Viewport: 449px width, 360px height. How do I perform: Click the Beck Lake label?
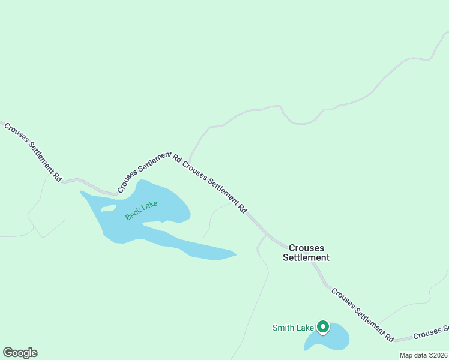pyautogui.click(x=142, y=211)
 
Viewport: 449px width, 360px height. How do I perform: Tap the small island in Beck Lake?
pyautogui.click(x=109, y=208)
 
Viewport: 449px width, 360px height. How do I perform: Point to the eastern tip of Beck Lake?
pyautogui.click(x=235, y=255)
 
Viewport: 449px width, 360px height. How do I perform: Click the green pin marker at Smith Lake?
pyautogui.click(x=323, y=327)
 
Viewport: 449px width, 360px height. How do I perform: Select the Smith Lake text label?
pyautogui.click(x=293, y=328)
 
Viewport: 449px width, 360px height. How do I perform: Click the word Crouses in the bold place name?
pyautogui.click(x=306, y=247)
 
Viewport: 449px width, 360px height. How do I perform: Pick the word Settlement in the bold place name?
pyautogui.click(x=306, y=257)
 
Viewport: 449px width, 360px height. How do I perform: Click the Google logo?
pyautogui.click(x=20, y=353)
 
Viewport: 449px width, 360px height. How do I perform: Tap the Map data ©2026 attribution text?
pyautogui.click(x=423, y=355)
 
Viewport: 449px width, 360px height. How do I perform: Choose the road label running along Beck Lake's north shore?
pyautogui.click(x=144, y=172)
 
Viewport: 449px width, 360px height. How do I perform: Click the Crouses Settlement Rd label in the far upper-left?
pyautogui.click(x=33, y=152)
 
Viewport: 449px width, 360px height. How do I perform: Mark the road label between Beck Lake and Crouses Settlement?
pyautogui.click(x=214, y=187)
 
